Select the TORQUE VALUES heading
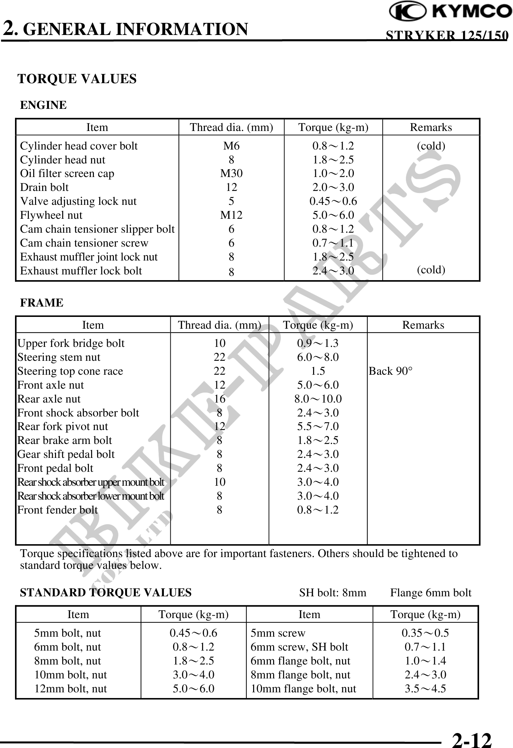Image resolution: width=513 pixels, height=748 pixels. coord(77,79)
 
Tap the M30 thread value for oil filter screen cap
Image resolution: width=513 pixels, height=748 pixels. coord(231,173)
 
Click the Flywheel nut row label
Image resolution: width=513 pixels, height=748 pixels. coord(51,215)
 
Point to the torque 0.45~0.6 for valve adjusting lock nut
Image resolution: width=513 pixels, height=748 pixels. coord(333,201)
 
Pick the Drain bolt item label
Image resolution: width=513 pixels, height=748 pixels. coord(44,187)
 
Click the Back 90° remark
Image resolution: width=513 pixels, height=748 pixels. coord(391,371)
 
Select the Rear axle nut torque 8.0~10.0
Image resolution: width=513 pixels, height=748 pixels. coord(318,399)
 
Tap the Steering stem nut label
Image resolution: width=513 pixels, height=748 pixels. coord(59,357)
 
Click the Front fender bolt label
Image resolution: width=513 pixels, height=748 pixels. coord(57,510)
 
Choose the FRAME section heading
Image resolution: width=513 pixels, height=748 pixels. coord(42,303)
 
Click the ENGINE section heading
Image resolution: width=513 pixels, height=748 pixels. coord(43,105)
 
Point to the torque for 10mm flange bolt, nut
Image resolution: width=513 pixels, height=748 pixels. coord(425,689)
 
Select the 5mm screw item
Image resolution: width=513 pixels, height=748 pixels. coord(278,633)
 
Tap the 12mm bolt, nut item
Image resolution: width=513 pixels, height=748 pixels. coord(71,689)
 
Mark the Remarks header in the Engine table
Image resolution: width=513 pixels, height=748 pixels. coord(431,127)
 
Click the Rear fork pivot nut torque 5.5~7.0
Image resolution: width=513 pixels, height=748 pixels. coord(318,426)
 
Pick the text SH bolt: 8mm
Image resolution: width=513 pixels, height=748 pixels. coord(332,593)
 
